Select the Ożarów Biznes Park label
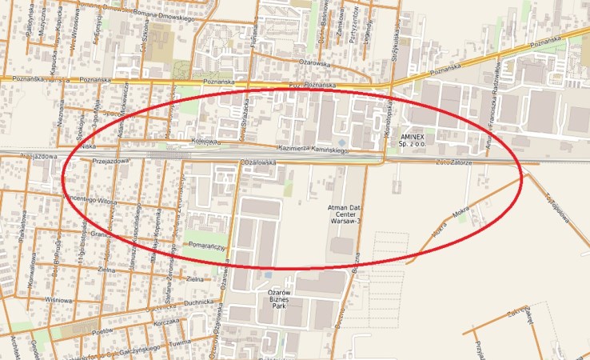276,300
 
